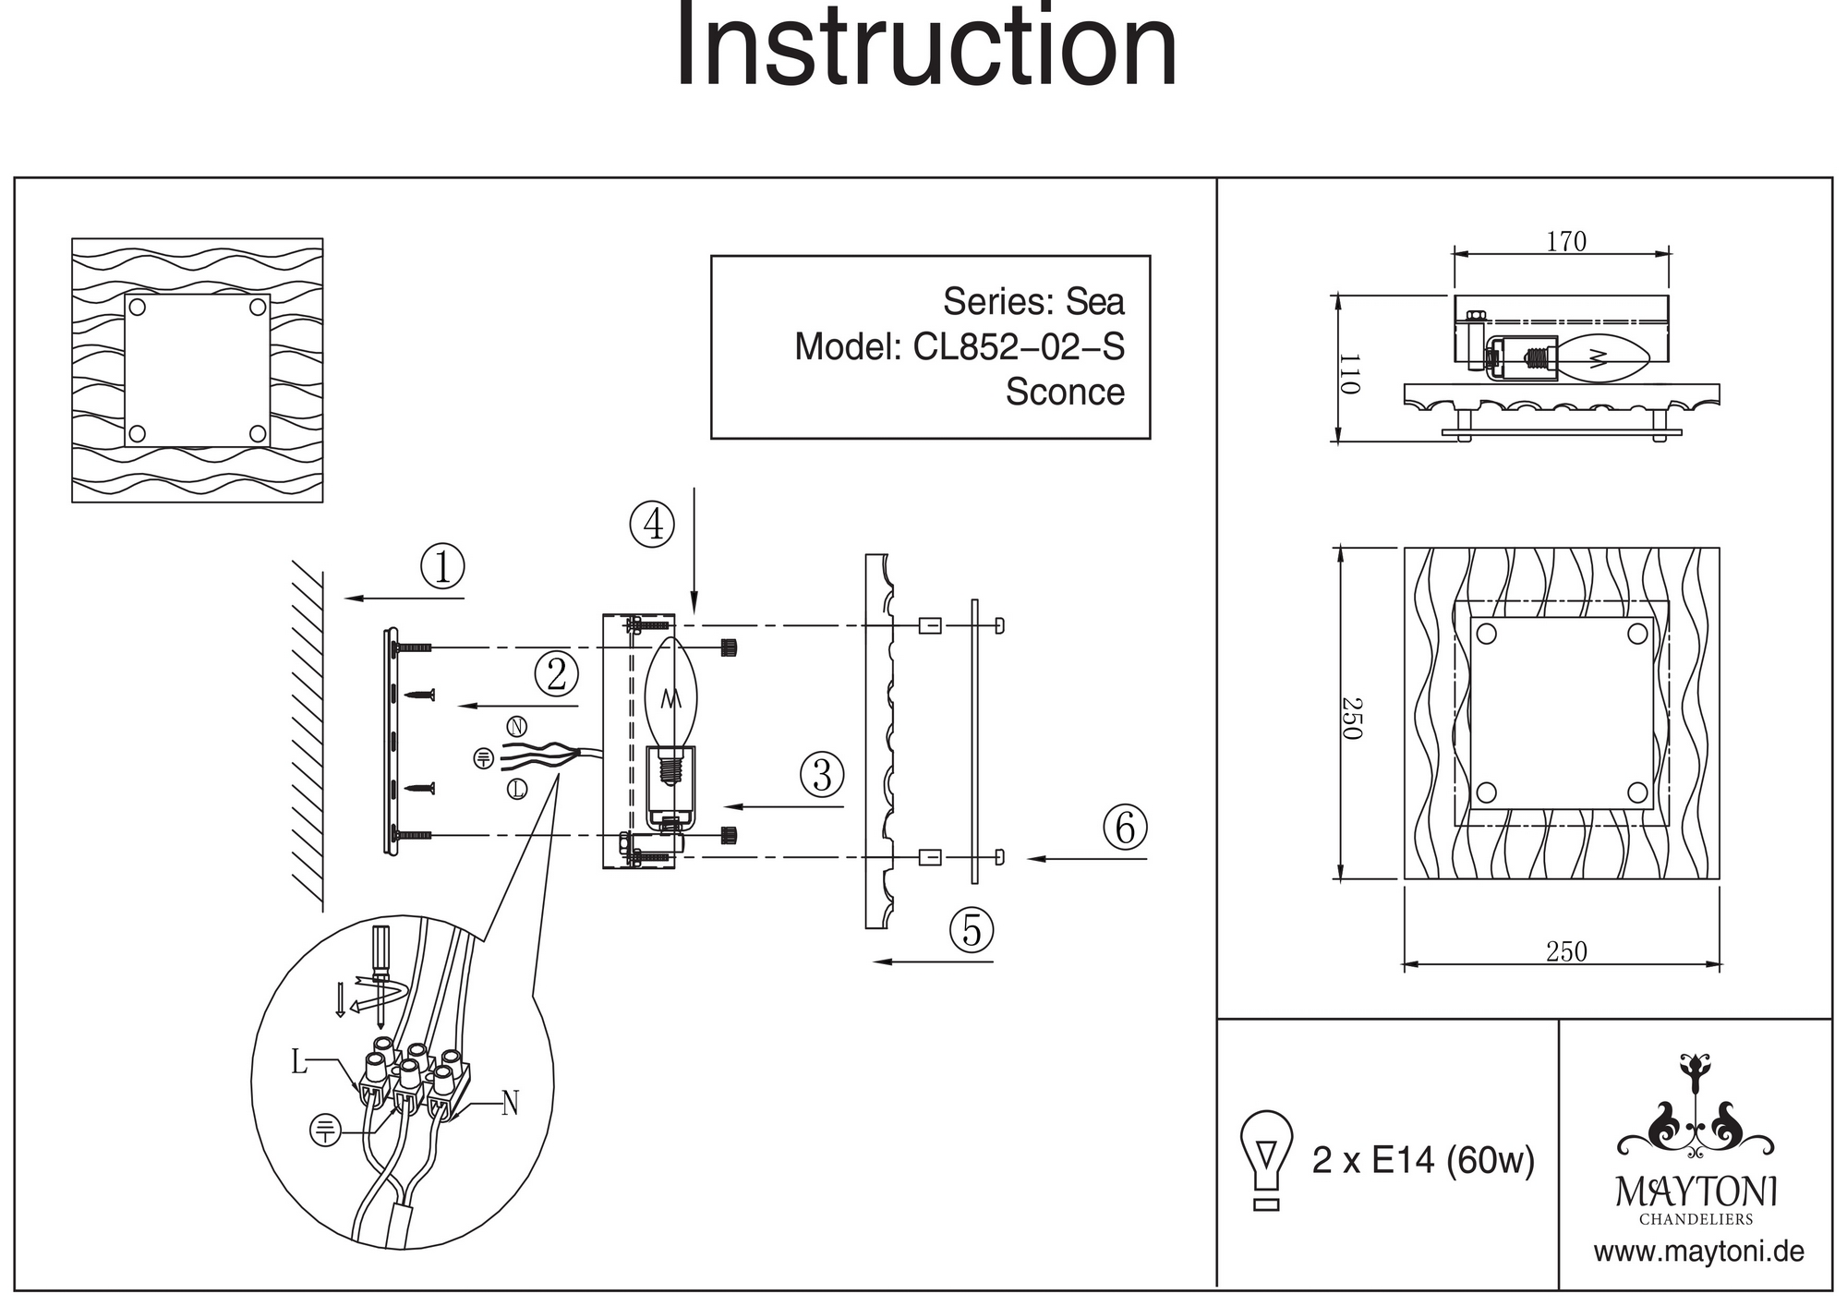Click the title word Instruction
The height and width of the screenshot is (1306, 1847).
926,46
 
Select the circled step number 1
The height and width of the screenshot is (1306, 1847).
442,567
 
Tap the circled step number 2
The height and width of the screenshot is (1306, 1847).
556,674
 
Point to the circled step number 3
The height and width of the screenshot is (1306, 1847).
822,774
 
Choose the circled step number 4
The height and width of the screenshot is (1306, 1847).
652,524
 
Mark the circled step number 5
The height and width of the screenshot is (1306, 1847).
972,929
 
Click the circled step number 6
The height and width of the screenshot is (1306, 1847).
1125,828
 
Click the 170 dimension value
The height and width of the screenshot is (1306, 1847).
1566,242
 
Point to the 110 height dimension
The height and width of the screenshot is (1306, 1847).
1349,373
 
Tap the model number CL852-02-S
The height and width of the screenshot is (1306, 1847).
1019,347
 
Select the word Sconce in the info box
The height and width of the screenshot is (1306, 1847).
1065,393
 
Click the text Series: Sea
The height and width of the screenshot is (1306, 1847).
1033,302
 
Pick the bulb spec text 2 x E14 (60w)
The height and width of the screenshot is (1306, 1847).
1423,1160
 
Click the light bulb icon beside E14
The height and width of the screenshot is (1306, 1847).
1266,1159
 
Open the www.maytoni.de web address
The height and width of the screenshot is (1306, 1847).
1698,1252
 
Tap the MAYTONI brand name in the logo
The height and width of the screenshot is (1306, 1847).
1696,1192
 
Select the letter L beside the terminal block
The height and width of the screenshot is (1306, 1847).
298,1062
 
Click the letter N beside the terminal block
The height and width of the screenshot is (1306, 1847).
510,1103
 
